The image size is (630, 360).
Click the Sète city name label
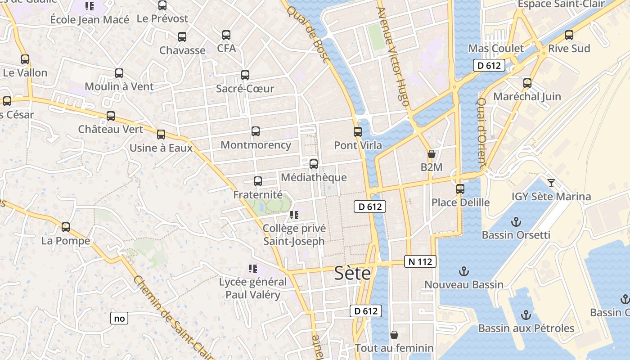[352, 273]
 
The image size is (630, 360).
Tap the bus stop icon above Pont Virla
[358, 132]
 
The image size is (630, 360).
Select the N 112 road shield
[420, 261]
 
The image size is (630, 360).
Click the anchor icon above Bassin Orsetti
[516, 221]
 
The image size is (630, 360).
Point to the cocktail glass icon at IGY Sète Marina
[551, 183]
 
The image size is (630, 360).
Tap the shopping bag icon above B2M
[431, 154]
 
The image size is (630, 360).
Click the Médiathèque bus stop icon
[314, 164]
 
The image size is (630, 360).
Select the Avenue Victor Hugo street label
[393, 56]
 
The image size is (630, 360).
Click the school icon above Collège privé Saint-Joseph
[294, 215]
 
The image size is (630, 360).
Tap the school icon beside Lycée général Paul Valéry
[253, 269]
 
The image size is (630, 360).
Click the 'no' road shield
[119, 319]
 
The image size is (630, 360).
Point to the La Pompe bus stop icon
[66, 227]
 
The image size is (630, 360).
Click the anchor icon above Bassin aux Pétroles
[526, 315]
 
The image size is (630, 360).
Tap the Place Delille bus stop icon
[460, 189]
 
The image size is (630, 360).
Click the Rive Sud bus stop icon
[569, 35]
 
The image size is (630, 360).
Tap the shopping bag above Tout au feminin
[394, 335]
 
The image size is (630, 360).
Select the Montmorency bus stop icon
[256, 131]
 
